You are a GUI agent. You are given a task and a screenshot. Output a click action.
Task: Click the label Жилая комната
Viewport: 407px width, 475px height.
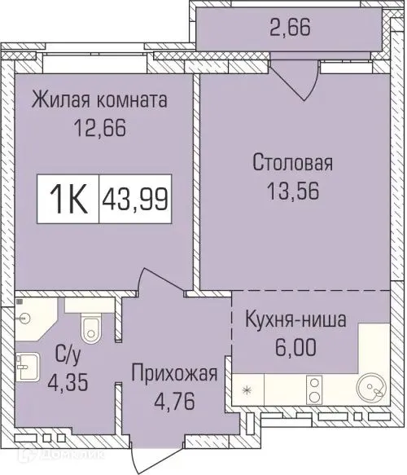coord(99,101)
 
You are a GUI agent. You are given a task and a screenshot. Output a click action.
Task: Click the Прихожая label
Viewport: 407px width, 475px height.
coord(176,374)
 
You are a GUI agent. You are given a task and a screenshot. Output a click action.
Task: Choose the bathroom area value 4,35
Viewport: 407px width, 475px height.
coord(67,382)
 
